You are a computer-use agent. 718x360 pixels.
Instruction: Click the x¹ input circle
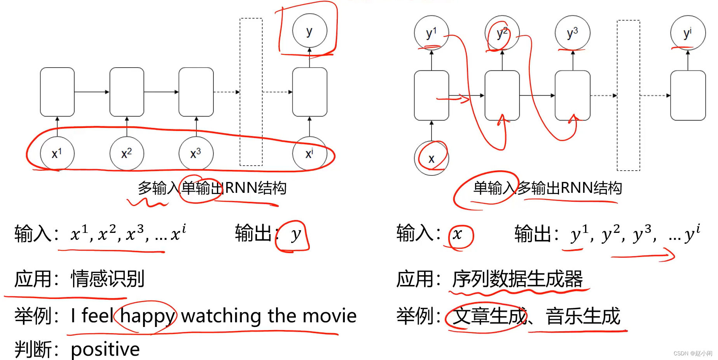57,153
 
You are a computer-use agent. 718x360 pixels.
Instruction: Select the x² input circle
127,153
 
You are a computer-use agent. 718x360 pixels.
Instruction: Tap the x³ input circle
196,153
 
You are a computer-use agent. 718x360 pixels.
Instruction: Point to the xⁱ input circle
309,153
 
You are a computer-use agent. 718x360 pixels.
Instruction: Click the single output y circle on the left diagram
309,31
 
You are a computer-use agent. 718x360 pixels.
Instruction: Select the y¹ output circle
431,33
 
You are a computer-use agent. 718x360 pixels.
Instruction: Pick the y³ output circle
572,33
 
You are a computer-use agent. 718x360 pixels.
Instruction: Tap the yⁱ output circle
688,33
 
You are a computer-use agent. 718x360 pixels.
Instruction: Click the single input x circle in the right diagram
431,158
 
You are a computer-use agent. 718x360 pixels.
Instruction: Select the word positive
105,349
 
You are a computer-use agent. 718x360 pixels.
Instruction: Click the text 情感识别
108,279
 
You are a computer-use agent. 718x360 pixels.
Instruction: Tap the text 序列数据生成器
517,279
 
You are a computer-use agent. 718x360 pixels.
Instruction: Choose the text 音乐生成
583,316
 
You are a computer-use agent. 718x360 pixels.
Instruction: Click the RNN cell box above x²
127,92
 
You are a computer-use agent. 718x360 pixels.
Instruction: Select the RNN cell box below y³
572,95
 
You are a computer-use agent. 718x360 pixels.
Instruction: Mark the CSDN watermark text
693,353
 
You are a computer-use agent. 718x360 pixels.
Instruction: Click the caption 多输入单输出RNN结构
212,188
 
